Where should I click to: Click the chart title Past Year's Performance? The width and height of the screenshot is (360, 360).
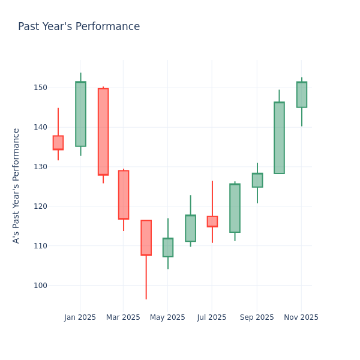pyautogui.click(x=79, y=27)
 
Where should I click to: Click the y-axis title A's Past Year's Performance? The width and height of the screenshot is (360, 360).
pyautogui.click(x=16, y=185)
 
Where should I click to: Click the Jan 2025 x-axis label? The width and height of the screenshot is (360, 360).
pyautogui.click(x=80, y=317)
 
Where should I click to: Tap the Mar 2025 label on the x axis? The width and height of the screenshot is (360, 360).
pyautogui.click(x=123, y=317)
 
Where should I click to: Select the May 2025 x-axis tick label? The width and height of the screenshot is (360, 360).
pyautogui.click(x=167, y=317)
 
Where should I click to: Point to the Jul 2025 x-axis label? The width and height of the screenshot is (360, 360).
pyautogui.click(x=211, y=317)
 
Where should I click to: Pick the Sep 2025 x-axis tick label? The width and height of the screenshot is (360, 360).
pyautogui.click(x=257, y=317)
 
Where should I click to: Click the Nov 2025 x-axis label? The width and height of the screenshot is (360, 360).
pyautogui.click(x=301, y=317)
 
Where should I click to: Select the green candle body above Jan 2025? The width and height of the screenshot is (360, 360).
pyautogui.click(x=80, y=114)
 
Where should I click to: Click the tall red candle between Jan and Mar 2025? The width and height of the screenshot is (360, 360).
pyautogui.click(x=103, y=131)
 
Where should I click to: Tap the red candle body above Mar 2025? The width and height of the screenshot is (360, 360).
pyautogui.click(x=124, y=195)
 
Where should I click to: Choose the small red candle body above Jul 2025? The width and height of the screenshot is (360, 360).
pyautogui.click(x=212, y=221)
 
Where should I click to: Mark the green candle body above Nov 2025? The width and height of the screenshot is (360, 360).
pyautogui.click(x=302, y=95)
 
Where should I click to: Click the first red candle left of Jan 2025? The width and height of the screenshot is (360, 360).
pyautogui.click(x=58, y=143)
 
